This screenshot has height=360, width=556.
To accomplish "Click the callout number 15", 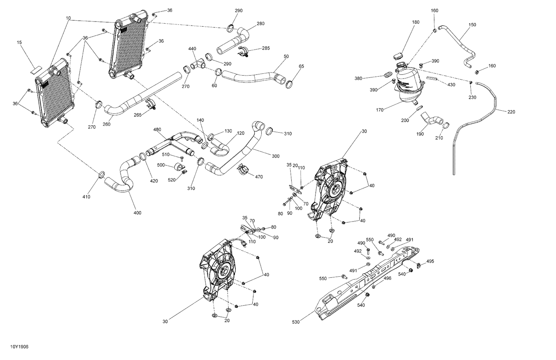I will (x=19, y=43).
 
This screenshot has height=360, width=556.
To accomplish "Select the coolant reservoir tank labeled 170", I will (x=409, y=84).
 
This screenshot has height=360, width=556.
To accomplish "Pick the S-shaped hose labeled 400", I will (x=122, y=178).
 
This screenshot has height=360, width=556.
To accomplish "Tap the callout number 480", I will (x=157, y=130).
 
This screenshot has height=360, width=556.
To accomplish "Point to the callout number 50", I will (x=286, y=56).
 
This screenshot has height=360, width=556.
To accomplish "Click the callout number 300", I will (x=275, y=156).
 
